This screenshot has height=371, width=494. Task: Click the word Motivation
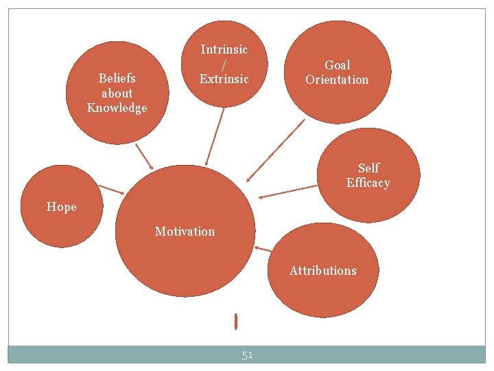click(x=185, y=232)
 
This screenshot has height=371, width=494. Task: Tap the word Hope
click(x=62, y=207)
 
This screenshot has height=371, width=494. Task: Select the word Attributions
click(x=322, y=271)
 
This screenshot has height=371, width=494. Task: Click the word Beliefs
click(x=117, y=78)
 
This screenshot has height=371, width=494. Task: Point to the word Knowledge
click(x=117, y=108)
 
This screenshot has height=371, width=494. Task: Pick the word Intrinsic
click(x=224, y=49)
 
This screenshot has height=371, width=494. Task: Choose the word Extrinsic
click(x=224, y=79)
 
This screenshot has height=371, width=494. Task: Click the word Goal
click(x=337, y=65)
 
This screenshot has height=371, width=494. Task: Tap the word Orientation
click(x=337, y=80)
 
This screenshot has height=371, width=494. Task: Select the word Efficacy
click(x=368, y=183)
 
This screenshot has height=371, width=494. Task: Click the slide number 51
click(x=247, y=355)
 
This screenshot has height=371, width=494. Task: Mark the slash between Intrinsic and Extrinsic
click(x=224, y=64)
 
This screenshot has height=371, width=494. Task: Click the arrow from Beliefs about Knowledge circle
click(x=145, y=157)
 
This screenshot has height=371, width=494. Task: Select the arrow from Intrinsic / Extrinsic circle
click(x=215, y=137)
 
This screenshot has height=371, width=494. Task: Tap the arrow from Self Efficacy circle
click(x=289, y=191)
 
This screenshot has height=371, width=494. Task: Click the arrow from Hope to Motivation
click(x=110, y=189)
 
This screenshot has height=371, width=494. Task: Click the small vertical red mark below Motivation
click(x=235, y=321)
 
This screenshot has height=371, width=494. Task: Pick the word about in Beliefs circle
click(x=117, y=93)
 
